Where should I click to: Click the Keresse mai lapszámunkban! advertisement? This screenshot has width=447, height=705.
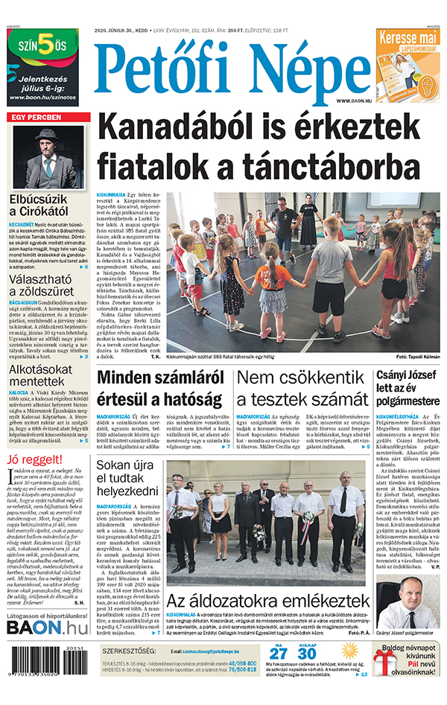[408, 63]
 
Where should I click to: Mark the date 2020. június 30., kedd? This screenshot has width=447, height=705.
[121, 31]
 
